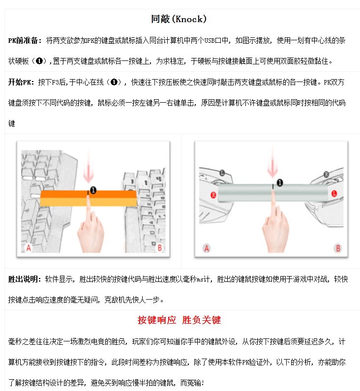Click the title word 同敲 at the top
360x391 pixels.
tap(160, 20)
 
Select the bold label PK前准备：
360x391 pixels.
tap(26, 40)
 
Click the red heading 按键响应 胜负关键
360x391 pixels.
tap(180, 320)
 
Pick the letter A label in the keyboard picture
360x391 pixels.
tap(29, 248)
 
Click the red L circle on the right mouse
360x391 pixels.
tap(334, 195)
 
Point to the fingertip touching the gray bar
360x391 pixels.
tap(273, 197)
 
